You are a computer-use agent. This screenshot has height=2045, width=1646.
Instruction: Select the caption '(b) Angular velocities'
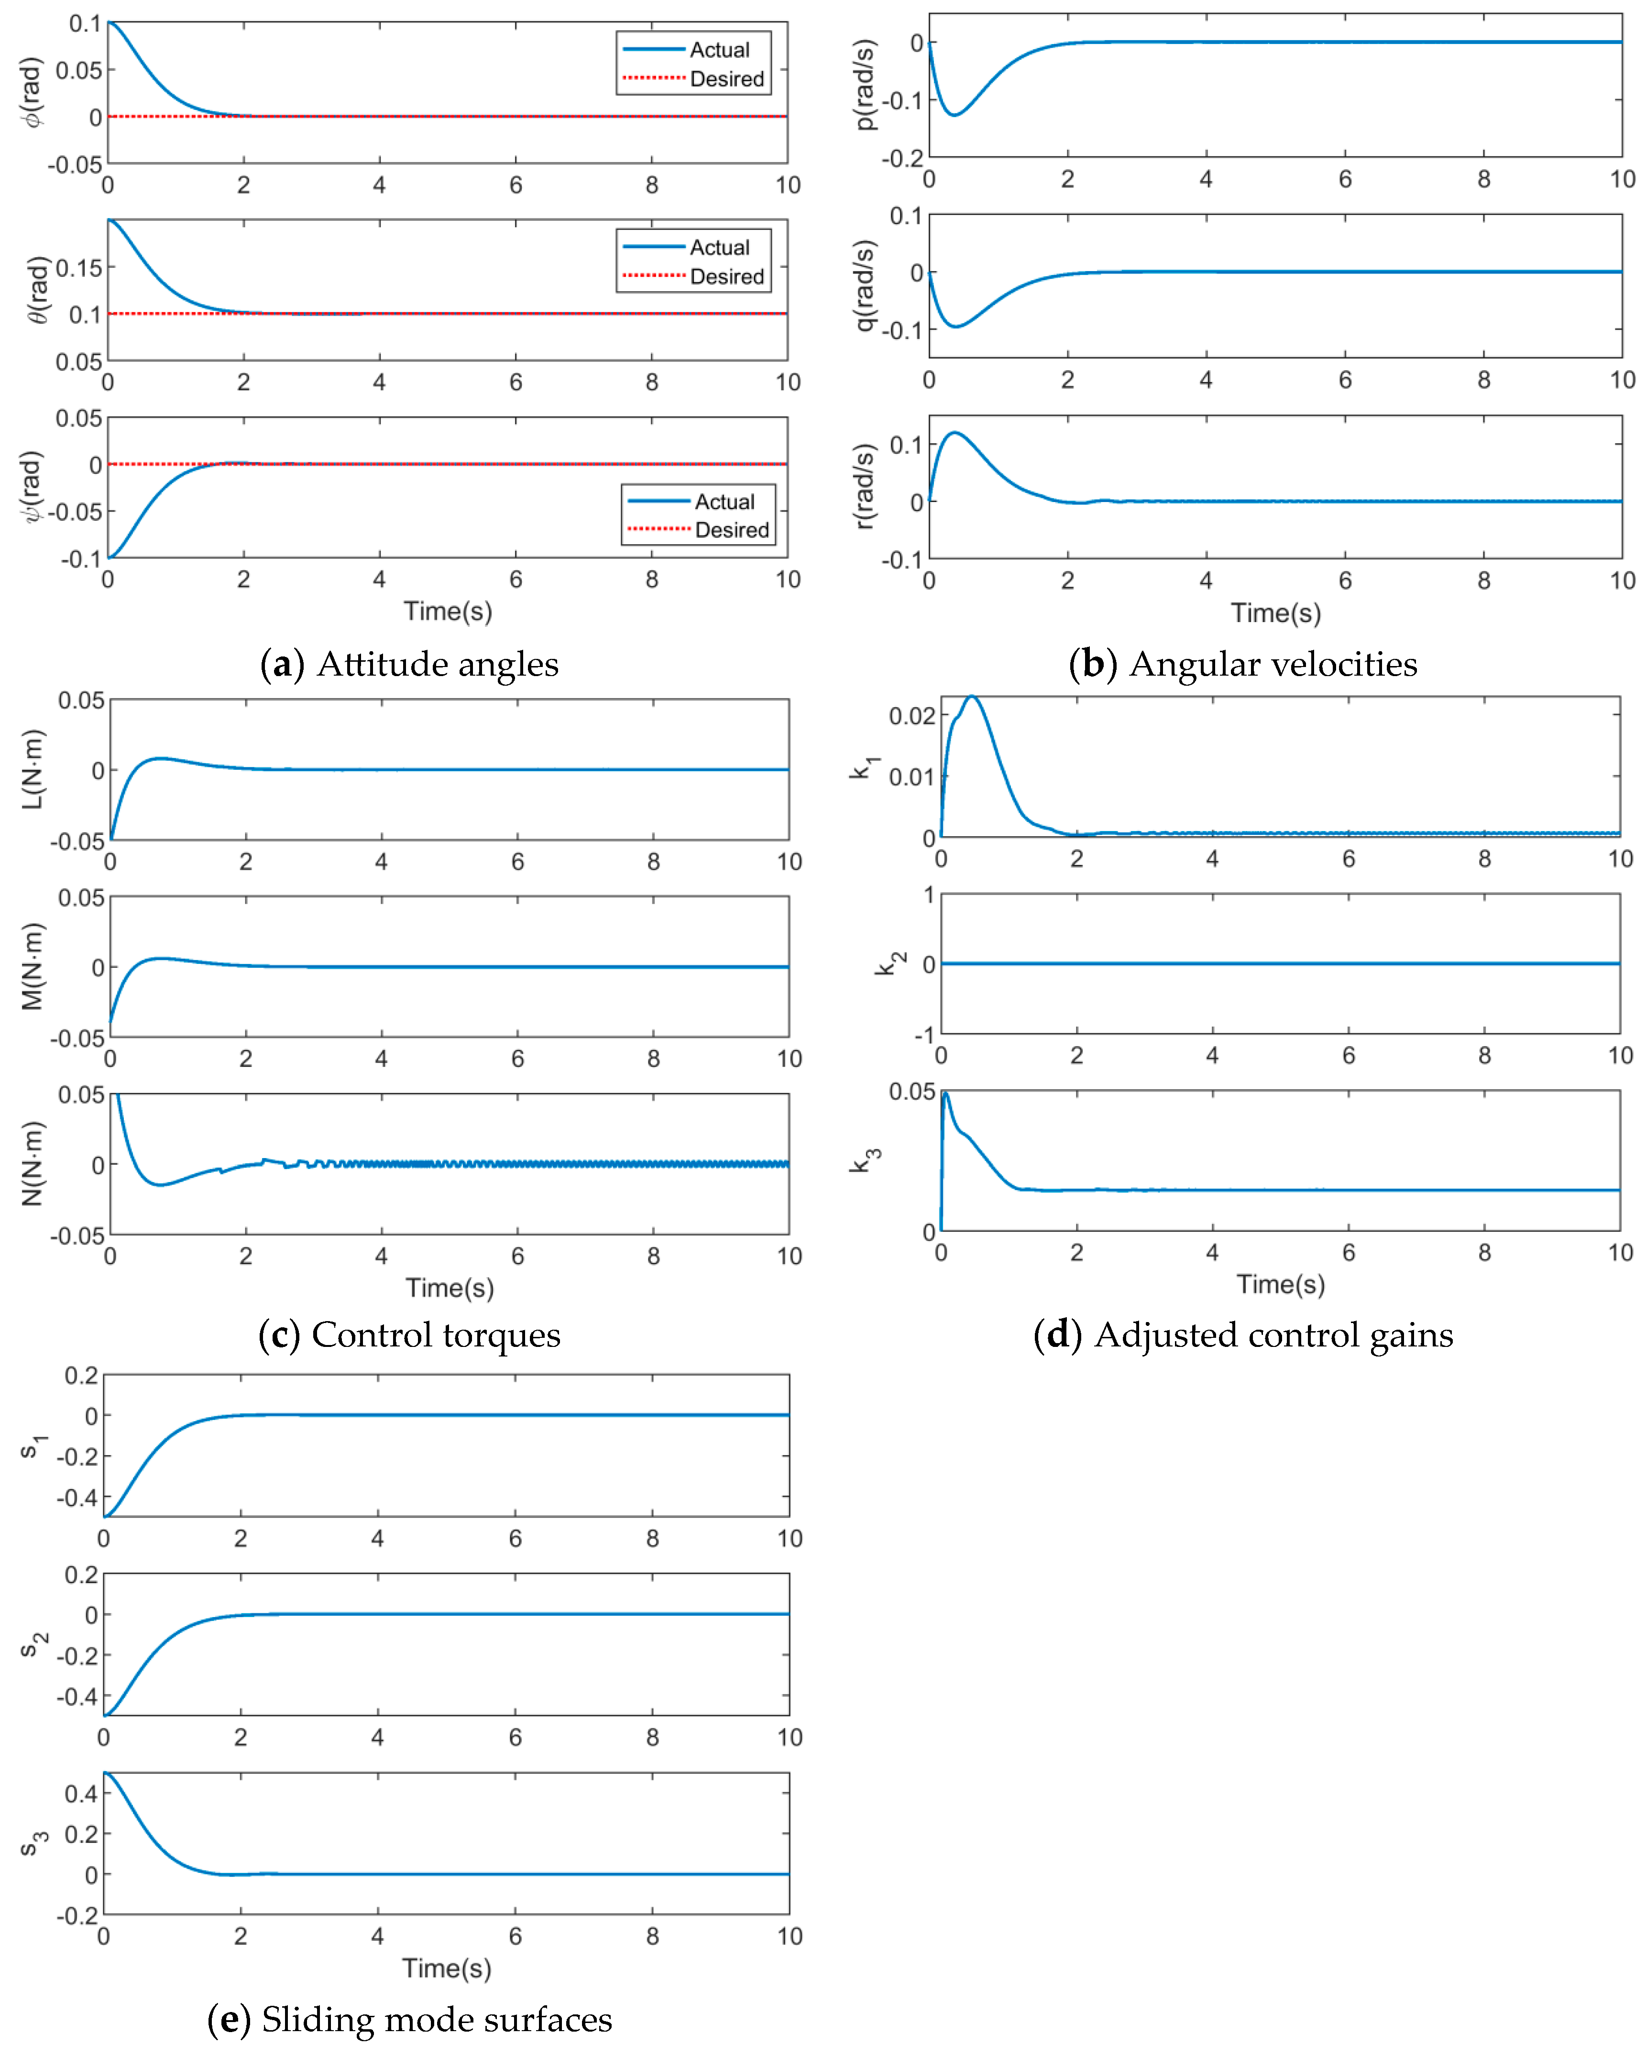point(1243,664)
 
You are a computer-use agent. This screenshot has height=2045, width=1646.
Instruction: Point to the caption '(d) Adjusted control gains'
point(1243,1334)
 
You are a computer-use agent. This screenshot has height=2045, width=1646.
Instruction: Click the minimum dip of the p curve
point(955,115)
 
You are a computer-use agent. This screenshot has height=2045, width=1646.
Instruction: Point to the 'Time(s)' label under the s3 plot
point(447,1968)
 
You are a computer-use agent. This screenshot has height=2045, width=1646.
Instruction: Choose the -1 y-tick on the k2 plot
point(923,1034)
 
